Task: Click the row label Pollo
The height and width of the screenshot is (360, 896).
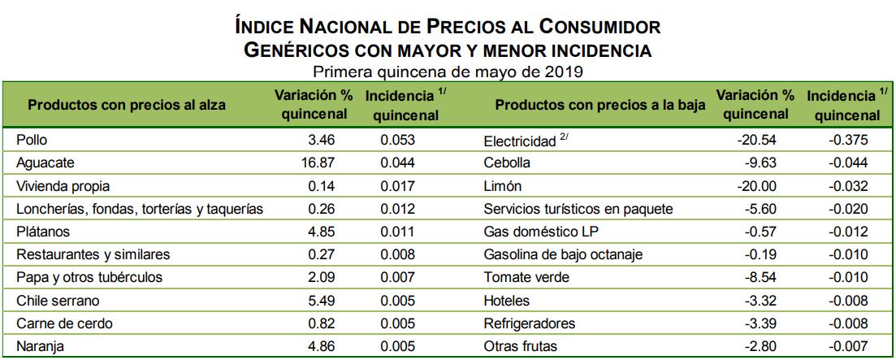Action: coord(31,140)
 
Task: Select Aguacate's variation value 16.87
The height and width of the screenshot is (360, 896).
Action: coord(318,163)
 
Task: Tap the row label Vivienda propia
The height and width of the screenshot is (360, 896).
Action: coord(63,186)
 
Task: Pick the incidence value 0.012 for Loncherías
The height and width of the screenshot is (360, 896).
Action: coord(398,209)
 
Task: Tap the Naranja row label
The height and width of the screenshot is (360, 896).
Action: coord(40,346)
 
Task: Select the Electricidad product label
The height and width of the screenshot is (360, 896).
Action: coord(520,140)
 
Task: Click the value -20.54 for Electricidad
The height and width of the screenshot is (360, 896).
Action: coord(758,140)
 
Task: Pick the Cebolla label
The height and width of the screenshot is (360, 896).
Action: coord(507,163)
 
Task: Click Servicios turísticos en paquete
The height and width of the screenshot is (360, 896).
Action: coord(578,209)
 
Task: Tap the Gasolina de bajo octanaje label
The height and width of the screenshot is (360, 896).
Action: coord(563,254)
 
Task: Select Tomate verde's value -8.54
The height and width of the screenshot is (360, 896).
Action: coord(762,277)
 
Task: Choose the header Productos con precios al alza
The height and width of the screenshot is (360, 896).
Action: coord(127,105)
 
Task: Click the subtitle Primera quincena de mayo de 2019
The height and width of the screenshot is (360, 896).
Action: coord(448,72)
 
